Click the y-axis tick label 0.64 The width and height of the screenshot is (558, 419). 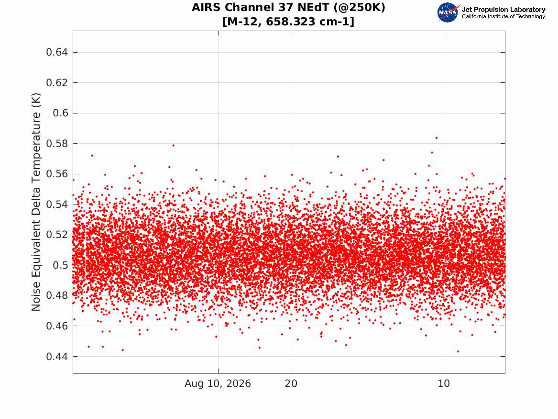click(57, 52)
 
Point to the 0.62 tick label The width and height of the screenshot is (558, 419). click(57, 83)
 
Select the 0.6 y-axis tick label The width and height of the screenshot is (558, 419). click(60, 113)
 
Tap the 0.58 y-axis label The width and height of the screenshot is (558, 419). click(57, 144)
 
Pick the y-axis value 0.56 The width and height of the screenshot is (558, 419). click(57, 174)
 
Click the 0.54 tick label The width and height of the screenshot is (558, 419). click(57, 204)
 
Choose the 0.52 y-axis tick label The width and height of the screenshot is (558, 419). click(57, 235)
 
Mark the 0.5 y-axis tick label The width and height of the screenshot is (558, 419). click(60, 265)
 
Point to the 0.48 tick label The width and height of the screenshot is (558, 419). click(57, 295)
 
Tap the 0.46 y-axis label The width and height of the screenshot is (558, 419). click(57, 326)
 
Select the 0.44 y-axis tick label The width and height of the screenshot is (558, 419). click(57, 356)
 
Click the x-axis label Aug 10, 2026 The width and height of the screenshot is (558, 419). click(218, 384)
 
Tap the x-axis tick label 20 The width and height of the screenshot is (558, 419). click(291, 384)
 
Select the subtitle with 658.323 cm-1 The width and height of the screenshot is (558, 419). click(289, 22)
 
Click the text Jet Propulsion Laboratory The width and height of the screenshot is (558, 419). click(503, 10)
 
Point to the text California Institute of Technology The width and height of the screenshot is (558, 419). click(503, 16)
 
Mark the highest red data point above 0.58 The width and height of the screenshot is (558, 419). click(437, 138)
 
